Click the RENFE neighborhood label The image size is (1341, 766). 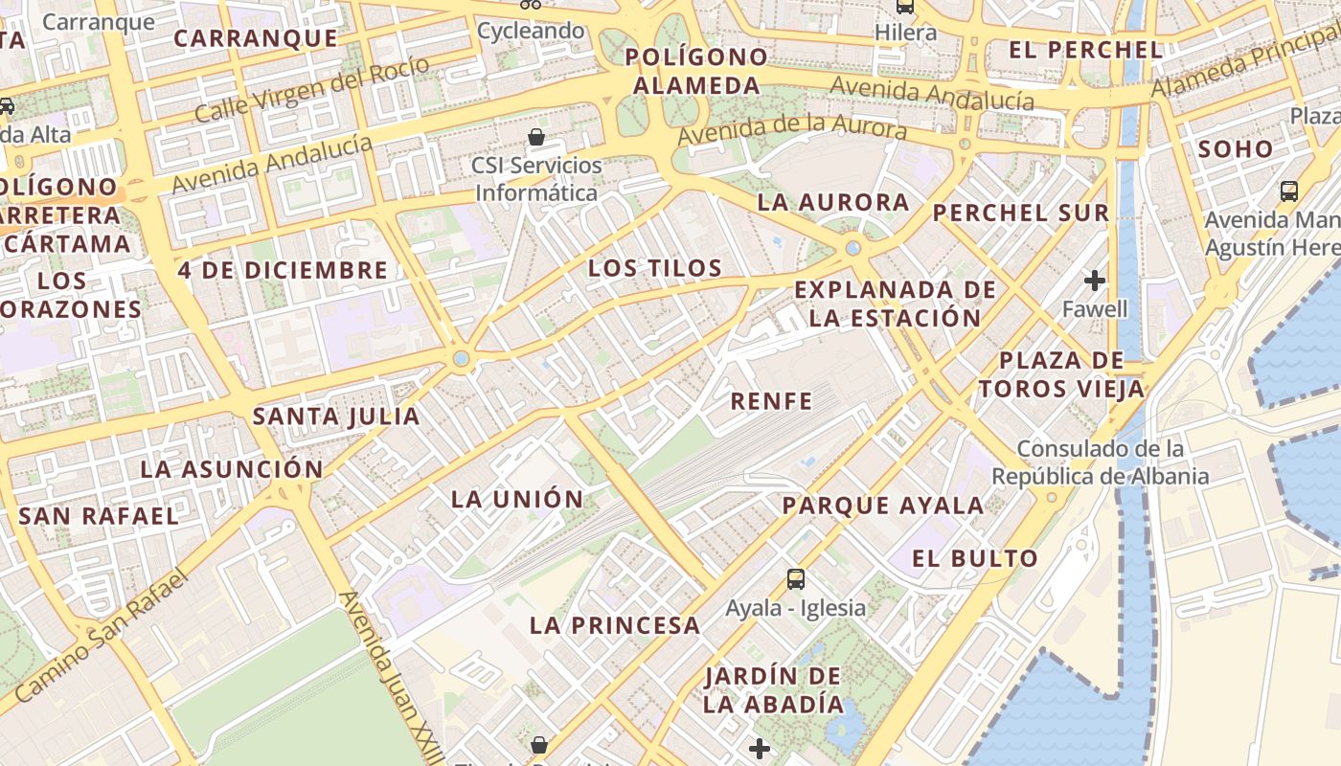point(771,400)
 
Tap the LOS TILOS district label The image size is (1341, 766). point(655,268)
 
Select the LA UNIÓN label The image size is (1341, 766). point(517,499)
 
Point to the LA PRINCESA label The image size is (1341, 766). point(615,626)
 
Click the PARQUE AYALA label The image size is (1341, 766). point(883,506)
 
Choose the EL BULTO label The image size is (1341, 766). point(975,558)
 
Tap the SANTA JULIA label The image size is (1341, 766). point(336,417)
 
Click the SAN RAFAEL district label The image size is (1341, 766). point(99,516)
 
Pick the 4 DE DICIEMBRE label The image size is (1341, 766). point(283,270)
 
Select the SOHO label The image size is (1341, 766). point(1236,149)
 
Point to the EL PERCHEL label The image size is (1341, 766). point(1086,50)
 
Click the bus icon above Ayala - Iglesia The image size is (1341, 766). point(796,578)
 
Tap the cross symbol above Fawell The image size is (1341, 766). point(1095,281)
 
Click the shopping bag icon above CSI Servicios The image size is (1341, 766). point(536,137)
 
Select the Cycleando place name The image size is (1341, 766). point(531,31)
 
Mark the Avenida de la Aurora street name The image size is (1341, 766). point(791,128)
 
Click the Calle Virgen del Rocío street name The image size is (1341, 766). point(311,89)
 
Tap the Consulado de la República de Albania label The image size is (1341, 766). point(1101,462)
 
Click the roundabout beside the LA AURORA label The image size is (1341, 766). point(852,248)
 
